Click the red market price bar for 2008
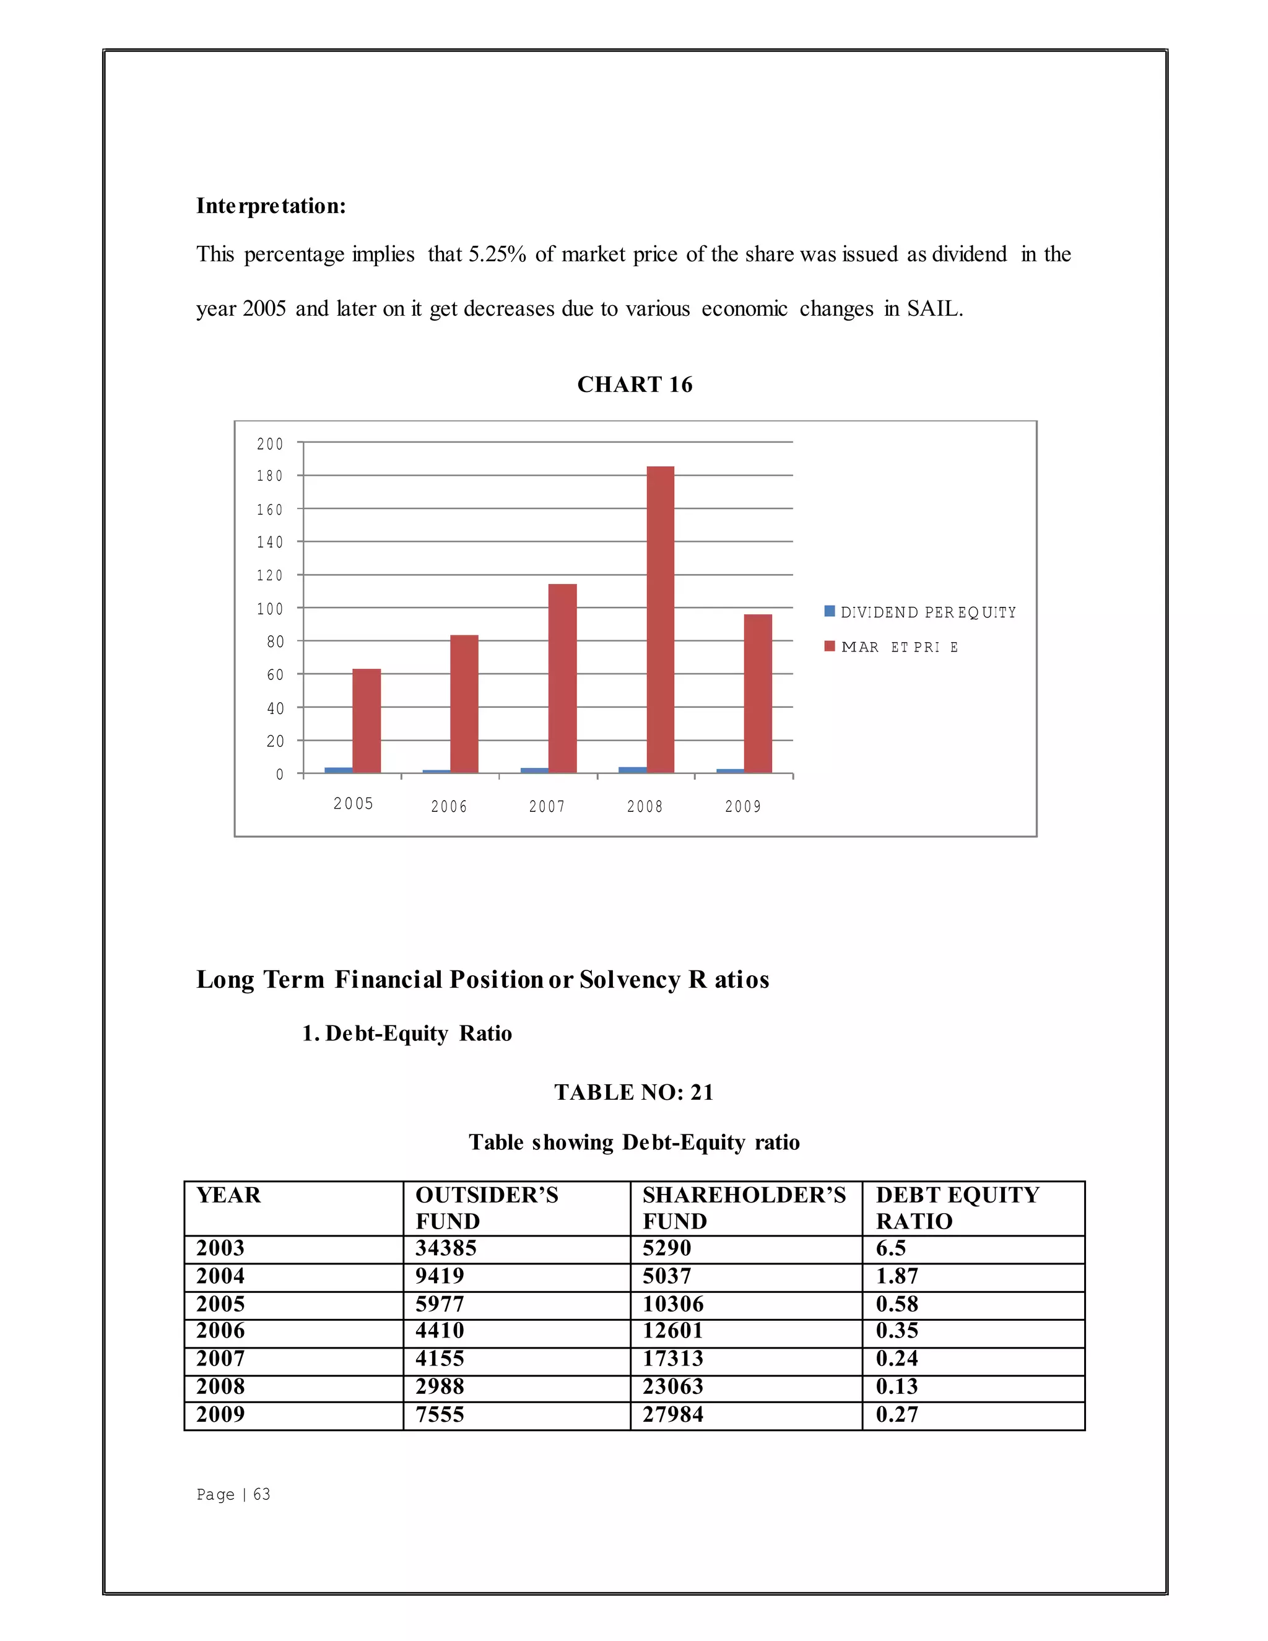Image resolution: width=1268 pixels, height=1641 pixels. pos(660,619)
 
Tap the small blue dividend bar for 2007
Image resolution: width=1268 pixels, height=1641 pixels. pos(534,770)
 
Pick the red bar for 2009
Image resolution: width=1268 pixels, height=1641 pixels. pos(758,693)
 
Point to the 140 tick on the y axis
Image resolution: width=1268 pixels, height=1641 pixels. pos(270,542)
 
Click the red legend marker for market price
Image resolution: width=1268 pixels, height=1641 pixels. pos(829,646)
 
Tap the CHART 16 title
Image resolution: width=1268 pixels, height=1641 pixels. pos(634,385)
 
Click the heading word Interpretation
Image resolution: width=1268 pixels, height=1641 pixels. pos(271,206)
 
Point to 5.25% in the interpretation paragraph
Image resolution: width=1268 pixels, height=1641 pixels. pos(497,254)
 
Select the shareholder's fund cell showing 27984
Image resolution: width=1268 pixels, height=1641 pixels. pos(672,1414)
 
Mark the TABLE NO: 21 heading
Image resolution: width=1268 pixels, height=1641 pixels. pos(633,1092)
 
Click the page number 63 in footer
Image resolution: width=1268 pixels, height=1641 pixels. pos(261,1494)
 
